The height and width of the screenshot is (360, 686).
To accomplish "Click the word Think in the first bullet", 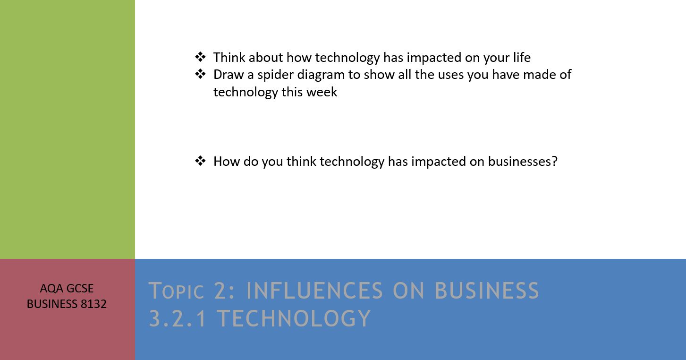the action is pos(229,57).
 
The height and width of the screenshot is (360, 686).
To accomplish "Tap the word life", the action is pos(522,57).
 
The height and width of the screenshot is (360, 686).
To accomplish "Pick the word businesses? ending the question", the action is pos(523,162).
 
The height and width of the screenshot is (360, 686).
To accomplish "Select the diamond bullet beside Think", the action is pos(200,57).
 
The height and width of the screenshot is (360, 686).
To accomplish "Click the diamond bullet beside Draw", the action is pos(200,74).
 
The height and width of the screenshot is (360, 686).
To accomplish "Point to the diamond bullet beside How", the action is pos(200,161).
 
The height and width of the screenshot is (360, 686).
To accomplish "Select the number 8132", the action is pos(93,304).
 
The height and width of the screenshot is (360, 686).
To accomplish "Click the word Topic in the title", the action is pos(176,291).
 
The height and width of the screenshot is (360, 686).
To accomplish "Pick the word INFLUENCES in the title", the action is pos(314,291).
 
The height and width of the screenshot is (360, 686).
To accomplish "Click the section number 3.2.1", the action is pos(178,318).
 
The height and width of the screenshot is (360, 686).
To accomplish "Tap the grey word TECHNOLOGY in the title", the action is pos(294,318).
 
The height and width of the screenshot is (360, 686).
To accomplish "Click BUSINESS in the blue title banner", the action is pos(487,291).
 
